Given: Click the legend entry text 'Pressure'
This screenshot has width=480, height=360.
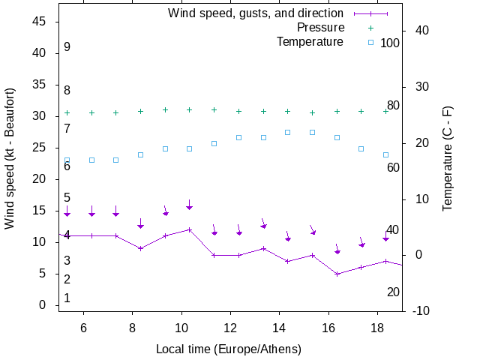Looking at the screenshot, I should [320, 28].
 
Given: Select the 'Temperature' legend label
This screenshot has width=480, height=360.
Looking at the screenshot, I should [310, 41].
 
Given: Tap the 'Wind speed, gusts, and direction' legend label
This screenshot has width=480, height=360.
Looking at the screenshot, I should [256, 13].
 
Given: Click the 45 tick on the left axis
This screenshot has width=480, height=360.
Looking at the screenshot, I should [40, 22].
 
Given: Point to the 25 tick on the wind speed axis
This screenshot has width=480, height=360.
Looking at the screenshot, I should [40, 148].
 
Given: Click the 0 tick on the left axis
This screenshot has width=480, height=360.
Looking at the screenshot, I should [43, 305].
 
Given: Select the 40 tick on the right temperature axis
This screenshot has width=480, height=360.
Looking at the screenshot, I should [421, 31].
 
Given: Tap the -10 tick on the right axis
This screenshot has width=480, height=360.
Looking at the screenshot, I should [421, 310].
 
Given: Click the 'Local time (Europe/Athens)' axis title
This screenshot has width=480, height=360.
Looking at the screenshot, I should [229, 349].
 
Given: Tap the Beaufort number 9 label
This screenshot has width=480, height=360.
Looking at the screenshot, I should [67, 47].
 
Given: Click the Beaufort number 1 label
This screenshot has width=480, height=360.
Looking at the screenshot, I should [67, 298].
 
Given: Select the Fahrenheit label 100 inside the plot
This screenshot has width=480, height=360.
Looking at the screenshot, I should [390, 43].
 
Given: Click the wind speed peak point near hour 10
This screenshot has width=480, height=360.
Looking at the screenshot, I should [190, 229].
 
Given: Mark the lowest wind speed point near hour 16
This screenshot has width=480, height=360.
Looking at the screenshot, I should [337, 274].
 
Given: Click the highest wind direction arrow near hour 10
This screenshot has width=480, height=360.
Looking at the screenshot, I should [190, 205].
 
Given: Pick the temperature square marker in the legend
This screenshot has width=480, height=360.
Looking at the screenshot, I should [370, 42].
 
